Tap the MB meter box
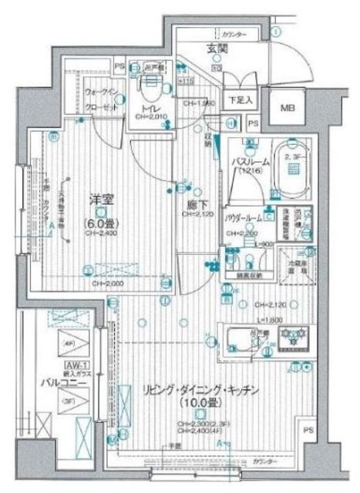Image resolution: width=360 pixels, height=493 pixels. (x=287, y=108)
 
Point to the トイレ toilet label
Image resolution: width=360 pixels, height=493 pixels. (x=146, y=109)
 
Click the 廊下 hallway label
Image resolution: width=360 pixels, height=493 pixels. (x=195, y=205)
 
